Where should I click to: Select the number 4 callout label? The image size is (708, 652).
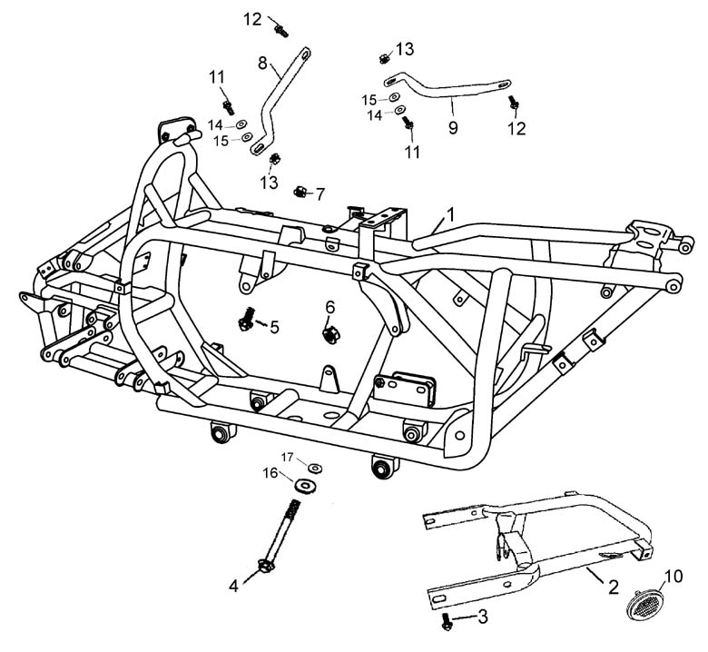tap(234, 586)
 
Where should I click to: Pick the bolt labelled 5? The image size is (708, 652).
tap(246, 320)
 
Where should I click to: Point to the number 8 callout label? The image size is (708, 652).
tap(262, 64)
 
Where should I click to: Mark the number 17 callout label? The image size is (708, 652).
tap(287, 456)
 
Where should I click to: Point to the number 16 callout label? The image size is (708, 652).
tap(270, 472)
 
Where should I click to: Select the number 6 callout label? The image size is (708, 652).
tap(330, 307)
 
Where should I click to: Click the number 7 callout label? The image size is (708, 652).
tap(320, 193)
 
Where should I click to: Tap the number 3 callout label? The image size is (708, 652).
tap(482, 617)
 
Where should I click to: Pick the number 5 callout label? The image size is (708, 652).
tap(274, 325)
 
